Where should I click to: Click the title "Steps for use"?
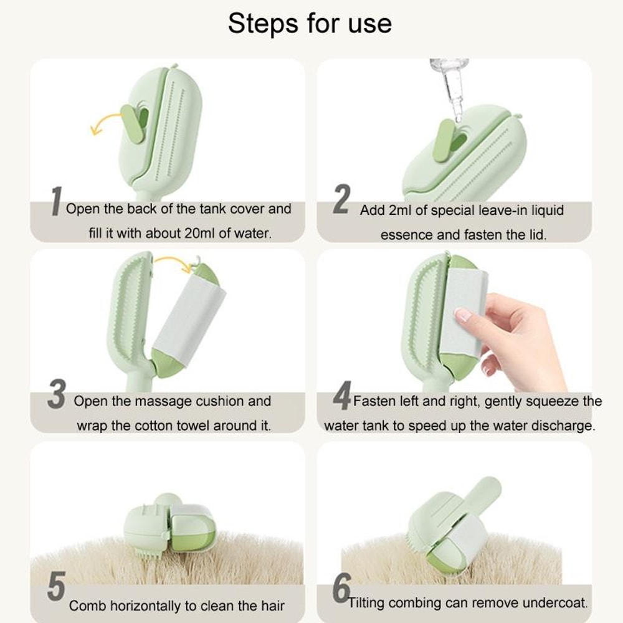click(x=310, y=24)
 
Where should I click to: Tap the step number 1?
click(x=55, y=202)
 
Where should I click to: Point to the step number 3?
click(x=57, y=396)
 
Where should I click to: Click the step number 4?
click(x=341, y=397)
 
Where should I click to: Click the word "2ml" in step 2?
click(x=400, y=211)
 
